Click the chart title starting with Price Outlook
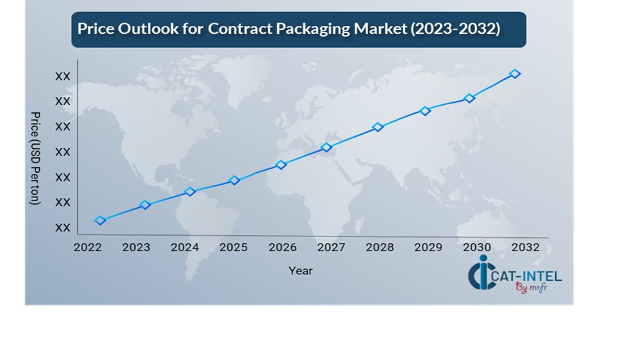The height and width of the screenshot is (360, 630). click(x=288, y=29)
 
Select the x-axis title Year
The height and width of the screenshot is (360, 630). click(x=300, y=271)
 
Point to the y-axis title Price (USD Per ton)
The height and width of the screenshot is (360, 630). click(x=35, y=158)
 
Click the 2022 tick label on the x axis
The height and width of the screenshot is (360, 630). click(x=87, y=248)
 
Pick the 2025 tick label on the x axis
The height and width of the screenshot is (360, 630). click(x=233, y=248)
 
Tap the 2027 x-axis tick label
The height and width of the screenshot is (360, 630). click(x=331, y=248)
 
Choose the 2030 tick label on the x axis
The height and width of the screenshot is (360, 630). click(x=477, y=248)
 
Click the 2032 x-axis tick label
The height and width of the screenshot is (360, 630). click(x=526, y=248)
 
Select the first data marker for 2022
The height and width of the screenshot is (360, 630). click(x=100, y=221)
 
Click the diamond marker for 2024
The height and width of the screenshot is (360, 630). click(x=190, y=192)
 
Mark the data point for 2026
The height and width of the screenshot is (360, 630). click(x=281, y=165)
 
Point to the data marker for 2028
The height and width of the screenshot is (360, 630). click(x=378, y=127)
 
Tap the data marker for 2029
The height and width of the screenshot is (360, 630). click(x=425, y=111)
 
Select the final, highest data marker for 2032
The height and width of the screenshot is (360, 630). click(x=514, y=74)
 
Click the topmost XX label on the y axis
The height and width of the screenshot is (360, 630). click(x=62, y=77)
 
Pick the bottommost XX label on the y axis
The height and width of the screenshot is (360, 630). click(x=62, y=228)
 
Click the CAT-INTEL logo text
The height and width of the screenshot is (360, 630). click(x=524, y=276)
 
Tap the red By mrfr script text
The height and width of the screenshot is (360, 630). click(x=530, y=288)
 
